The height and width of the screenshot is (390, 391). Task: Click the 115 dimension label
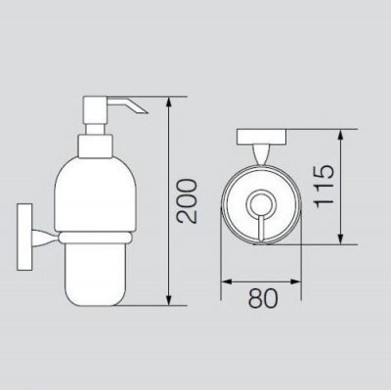click(324, 186)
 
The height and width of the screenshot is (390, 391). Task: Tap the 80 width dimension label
click(263, 298)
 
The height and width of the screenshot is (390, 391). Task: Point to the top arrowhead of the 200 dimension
click(168, 102)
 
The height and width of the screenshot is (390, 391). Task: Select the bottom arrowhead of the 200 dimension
click(168, 301)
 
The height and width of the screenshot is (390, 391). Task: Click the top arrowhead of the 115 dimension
click(341, 134)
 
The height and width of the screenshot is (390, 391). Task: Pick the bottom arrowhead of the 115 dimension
click(341, 239)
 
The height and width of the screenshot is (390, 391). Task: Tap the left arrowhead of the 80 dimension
click(226, 282)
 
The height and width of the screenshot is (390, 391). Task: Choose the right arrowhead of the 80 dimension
click(296, 282)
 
